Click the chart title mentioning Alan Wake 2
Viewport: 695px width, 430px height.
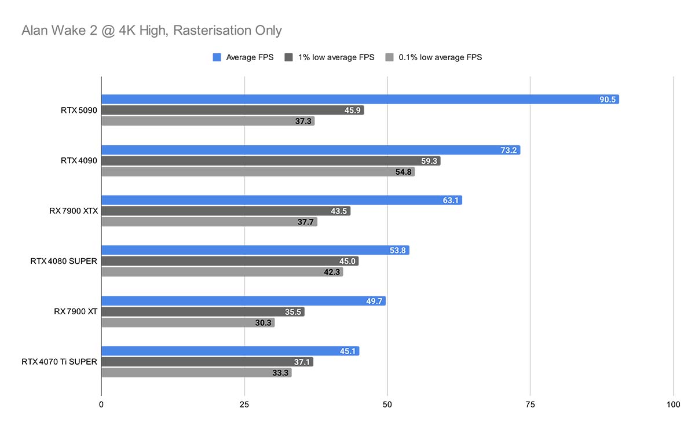(x=152, y=30)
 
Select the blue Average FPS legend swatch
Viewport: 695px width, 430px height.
(x=217, y=57)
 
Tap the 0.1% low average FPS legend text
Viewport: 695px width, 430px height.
(x=440, y=57)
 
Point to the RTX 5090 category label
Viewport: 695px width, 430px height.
(x=79, y=110)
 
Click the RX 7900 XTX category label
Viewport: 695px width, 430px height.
(x=74, y=211)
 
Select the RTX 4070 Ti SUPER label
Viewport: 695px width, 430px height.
(x=60, y=362)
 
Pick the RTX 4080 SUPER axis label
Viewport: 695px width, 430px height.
(x=64, y=262)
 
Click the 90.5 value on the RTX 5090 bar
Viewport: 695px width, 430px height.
(x=608, y=100)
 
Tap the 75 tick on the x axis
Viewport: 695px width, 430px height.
(x=530, y=405)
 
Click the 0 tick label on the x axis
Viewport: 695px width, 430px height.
(x=101, y=405)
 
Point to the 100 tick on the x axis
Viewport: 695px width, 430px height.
(x=672, y=405)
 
